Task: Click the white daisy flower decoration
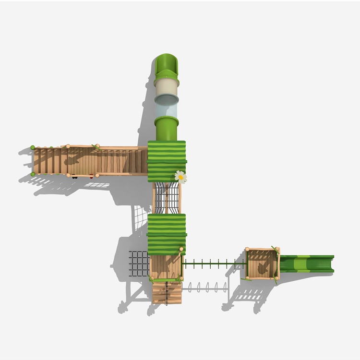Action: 180,177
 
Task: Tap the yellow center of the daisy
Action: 181,177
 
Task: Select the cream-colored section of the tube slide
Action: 167,89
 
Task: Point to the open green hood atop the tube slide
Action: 166,65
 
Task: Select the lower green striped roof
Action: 167,233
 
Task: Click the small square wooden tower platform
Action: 262,264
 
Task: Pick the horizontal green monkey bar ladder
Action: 214,264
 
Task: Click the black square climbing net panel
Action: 139,264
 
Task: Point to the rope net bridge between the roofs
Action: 167,198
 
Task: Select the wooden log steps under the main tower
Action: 167,292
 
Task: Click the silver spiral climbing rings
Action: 206,288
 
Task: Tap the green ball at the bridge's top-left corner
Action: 33,148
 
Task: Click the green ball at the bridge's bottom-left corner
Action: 33,174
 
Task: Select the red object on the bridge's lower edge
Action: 91,177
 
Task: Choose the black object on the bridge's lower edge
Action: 74,177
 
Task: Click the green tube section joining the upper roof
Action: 167,128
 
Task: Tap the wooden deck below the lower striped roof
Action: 166,266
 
